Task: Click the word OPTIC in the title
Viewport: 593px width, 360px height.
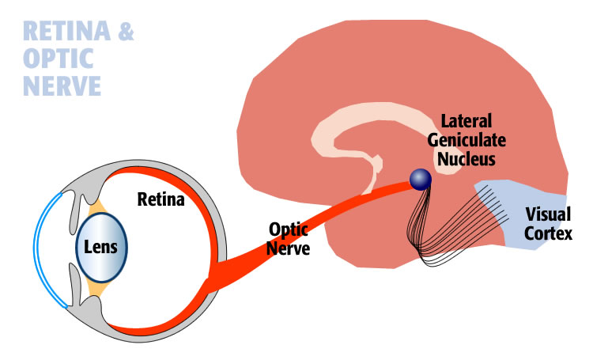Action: coord(56,59)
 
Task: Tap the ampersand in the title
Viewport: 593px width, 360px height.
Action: coord(124,32)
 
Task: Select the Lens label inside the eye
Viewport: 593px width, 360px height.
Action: coord(101,247)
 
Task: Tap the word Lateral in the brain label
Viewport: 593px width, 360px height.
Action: coord(466,123)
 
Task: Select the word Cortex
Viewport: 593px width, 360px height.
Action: coord(549,234)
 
